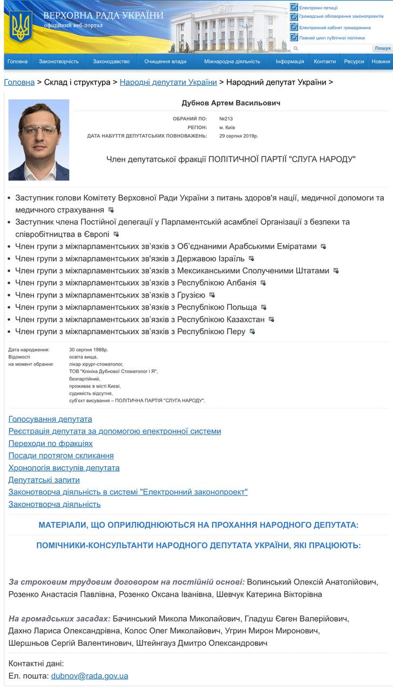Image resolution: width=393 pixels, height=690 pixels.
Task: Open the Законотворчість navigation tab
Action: pyautogui.click(x=59, y=61)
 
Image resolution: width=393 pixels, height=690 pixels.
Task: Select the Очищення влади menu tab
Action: pyautogui.click(x=165, y=61)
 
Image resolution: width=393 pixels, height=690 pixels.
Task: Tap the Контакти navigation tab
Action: pyautogui.click(x=324, y=61)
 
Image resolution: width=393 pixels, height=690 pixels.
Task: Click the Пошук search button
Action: pyautogui.click(x=383, y=49)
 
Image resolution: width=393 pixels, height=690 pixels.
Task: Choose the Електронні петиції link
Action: pyautogui.click(x=318, y=8)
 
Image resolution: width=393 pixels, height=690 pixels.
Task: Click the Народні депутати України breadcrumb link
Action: pyautogui.click(x=168, y=82)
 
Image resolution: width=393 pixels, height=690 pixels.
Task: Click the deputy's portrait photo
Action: pyautogui.click(x=39, y=140)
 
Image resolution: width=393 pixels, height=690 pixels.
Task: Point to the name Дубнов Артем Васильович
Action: pyautogui.click(x=231, y=103)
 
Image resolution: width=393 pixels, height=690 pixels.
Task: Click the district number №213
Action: pyautogui.click(x=226, y=118)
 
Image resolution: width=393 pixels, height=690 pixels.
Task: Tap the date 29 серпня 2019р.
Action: pyautogui.click(x=239, y=136)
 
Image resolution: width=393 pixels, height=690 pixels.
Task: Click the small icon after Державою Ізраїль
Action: pyautogui.click(x=251, y=259)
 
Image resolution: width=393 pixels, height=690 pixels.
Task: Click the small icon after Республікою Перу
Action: pyautogui.click(x=252, y=332)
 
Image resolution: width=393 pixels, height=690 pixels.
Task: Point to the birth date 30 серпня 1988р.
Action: pyautogui.click(x=89, y=350)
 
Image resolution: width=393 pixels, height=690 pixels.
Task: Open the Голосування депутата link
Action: pyautogui.click(x=50, y=419)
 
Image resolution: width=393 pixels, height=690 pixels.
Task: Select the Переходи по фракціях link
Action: pyautogui.click(x=51, y=443)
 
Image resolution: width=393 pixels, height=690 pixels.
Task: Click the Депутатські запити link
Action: pyautogui.click(x=44, y=480)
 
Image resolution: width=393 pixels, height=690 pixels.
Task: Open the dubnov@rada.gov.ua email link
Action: pyautogui.click(x=90, y=675)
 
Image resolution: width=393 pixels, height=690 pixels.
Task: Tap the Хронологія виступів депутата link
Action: pyautogui.click(x=64, y=467)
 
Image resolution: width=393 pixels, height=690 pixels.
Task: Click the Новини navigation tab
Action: pyautogui.click(x=381, y=61)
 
